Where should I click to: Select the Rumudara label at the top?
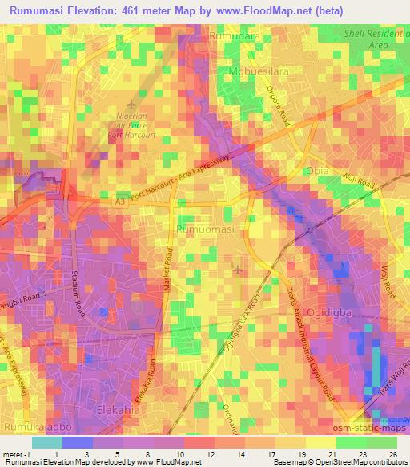click(231, 37)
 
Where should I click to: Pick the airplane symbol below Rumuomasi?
click(236, 270)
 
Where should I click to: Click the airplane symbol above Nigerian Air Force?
click(132, 104)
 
